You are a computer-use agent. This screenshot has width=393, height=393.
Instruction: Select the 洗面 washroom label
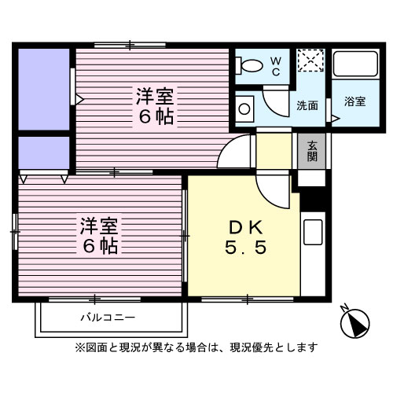click(307, 105)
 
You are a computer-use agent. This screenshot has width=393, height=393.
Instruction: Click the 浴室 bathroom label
click(355, 101)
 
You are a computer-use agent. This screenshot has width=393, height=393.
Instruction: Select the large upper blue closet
click(44, 88)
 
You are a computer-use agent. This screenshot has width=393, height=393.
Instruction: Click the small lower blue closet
click(44, 152)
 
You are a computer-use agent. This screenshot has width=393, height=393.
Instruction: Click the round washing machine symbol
click(245, 108)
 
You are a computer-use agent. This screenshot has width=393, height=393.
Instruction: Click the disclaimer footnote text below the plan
click(196, 347)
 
